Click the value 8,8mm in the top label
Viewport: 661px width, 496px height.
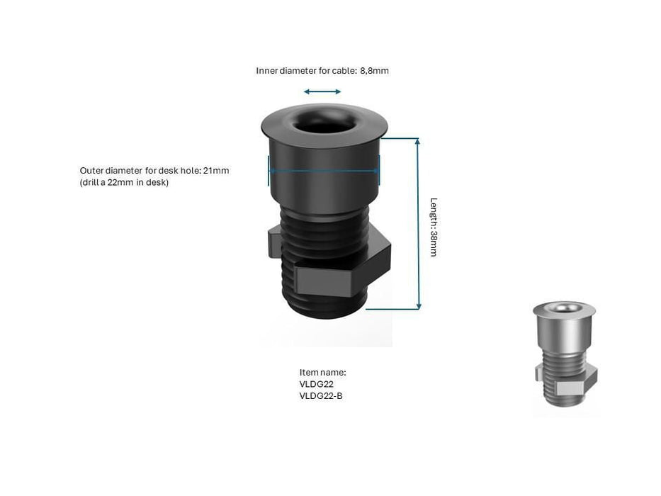tap(375, 71)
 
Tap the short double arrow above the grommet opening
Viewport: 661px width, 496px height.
tap(322, 91)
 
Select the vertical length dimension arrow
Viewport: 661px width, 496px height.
tap(418, 223)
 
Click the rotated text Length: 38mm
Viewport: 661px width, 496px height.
tap(434, 227)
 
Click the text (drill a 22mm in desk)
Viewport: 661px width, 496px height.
tap(124, 183)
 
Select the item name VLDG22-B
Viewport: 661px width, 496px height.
tap(321, 395)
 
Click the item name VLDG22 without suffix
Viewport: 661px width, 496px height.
tap(317, 384)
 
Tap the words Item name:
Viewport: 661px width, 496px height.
tap(322, 372)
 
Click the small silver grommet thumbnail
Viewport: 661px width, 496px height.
tap(565, 358)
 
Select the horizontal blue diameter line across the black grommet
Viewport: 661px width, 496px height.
tap(324, 170)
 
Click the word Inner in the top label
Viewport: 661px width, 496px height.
tap(267, 71)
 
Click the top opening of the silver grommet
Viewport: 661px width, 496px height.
tap(564, 308)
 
